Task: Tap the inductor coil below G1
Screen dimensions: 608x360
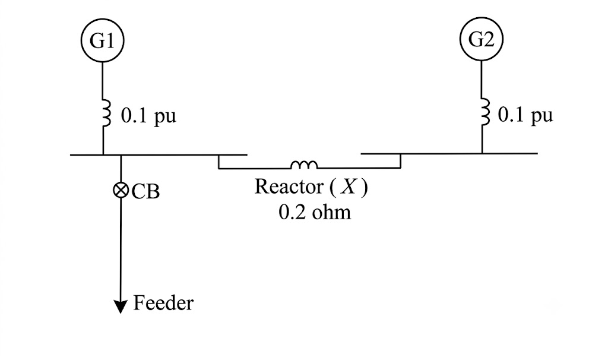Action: (106, 112)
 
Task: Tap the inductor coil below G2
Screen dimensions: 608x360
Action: (484, 111)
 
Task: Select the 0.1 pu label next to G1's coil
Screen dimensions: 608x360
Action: (148, 116)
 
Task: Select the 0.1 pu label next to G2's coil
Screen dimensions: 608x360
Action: (525, 115)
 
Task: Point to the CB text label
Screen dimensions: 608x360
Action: (145, 191)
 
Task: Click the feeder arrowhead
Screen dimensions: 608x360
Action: (121, 307)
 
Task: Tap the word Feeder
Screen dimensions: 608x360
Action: (163, 303)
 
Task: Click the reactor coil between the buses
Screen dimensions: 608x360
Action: (304, 165)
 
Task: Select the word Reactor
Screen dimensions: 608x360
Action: (289, 187)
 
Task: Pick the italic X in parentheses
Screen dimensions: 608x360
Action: (348, 187)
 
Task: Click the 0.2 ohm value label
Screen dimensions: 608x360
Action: (315, 212)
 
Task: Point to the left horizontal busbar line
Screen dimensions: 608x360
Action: (159, 155)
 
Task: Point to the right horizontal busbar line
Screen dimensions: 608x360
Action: (449, 154)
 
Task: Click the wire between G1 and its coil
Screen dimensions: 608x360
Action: (103, 81)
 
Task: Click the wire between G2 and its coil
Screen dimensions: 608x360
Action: (482, 80)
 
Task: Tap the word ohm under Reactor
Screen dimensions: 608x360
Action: (331, 212)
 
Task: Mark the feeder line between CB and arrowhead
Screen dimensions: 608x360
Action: (121, 249)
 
